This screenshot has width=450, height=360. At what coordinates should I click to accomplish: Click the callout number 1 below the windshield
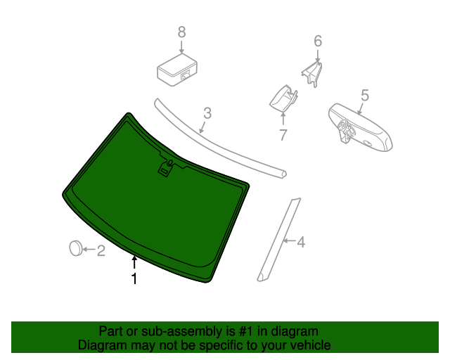[x=134, y=279]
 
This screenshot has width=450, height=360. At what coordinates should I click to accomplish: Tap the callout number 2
[x=101, y=250]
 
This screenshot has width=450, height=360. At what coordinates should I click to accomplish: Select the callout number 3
[x=207, y=113]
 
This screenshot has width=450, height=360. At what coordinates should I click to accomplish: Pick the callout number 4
[x=301, y=243]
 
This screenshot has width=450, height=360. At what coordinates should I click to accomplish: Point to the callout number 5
[x=365, y=95]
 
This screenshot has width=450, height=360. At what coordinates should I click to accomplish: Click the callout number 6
[x=317, y=41]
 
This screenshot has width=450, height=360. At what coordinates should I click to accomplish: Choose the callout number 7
[x=283, y=134]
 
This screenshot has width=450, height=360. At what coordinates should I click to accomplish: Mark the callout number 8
[x=181, y=32]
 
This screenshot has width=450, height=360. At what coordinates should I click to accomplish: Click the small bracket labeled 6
[x=312, y=72]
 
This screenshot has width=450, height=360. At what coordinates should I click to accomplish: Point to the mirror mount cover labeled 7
[x=282, y=98]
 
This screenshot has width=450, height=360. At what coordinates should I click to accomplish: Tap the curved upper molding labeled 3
[x=218, y=140]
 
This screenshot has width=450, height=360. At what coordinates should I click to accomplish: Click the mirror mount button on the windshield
[x=167, y=168]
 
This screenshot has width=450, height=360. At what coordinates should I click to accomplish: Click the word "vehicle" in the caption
[x=307, y=345]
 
